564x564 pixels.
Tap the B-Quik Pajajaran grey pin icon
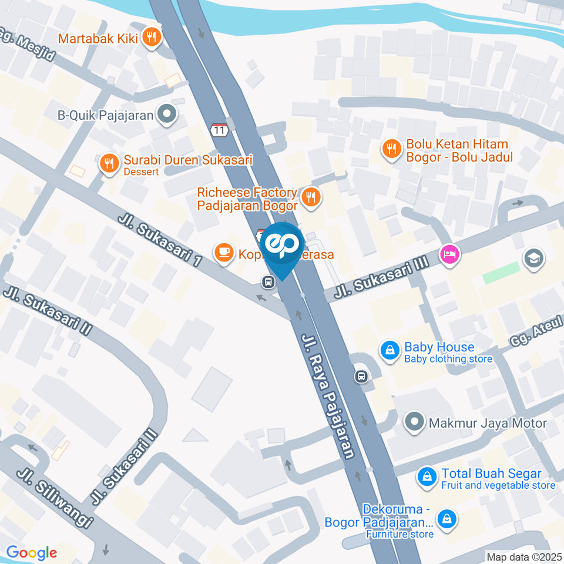pyautogui.click(x=167, y=115)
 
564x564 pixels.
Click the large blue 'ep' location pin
pyautogui.click(x=282, y=247)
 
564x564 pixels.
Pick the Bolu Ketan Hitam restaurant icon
pyautogui.click(x=391, y=149)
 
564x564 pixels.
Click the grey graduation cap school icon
pyautogui.click(x=534, y=257)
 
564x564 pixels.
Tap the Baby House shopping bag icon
pyautogui.click(x=389, y=351)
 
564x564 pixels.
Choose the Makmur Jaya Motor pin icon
pyautogui.click(x=415, y=422)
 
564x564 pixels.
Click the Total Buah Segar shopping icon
pyautogui.click(x=427, y=478)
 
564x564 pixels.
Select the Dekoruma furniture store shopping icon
pyautogui.click(x=448, y=518)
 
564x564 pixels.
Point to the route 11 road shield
pyautogui.click(x=220, y=130)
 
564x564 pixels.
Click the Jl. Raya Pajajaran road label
pyautogui.click(x=328, y=396)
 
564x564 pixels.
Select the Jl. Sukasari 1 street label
pyautogui.click(x=159, y=239)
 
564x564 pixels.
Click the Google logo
pyautogui.click(x=31, y=552)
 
